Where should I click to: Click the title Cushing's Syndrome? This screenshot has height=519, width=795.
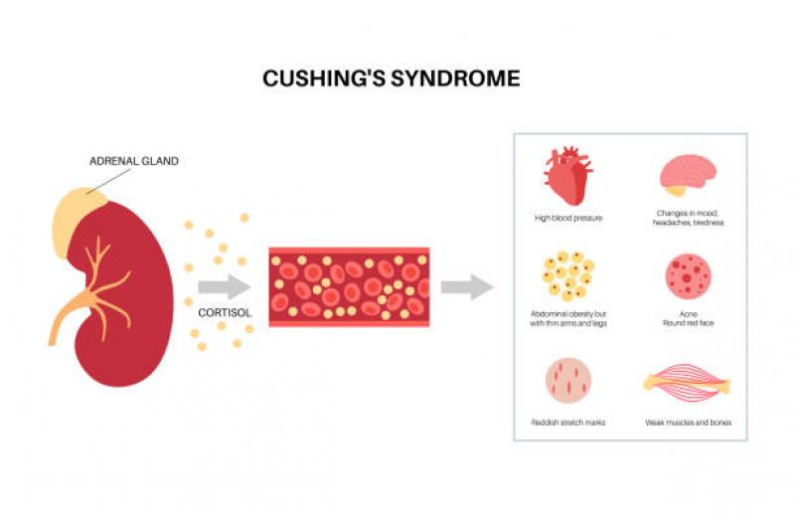(x=391, y=79)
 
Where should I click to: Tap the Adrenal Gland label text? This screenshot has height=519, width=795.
(x=134, y=161)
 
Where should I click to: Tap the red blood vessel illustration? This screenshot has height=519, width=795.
(x=349, y=287)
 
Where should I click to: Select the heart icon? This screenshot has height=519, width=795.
(x=567, y=175)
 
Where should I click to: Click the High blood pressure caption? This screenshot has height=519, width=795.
(x=567, y=217)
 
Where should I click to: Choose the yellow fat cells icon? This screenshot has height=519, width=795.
(x=567, y=274)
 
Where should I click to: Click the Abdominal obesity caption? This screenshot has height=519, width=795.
(x=568, y=318)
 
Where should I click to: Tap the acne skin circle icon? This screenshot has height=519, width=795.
(x=688, y=276)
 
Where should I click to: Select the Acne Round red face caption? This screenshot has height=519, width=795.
(x=689, y=318)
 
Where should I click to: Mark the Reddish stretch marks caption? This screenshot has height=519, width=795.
(x=568, y=424)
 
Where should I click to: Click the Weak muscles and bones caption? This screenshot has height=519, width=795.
(x=688, y=424)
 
